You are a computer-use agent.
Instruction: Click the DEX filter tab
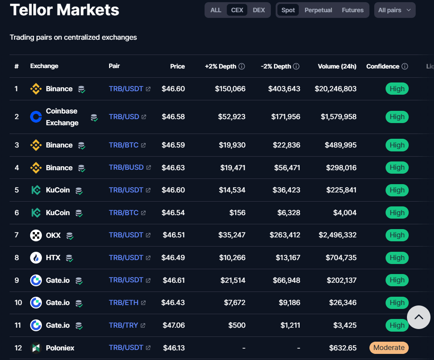[x=259, y=10]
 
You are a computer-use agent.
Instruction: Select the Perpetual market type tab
[x=318, y=10]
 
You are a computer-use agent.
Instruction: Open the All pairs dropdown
[x=394, y=10]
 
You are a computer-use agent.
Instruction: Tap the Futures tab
[x=352, y=10]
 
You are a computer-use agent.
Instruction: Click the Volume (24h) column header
[x=337, y=66]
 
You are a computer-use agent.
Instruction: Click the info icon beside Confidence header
[x=405, y=66]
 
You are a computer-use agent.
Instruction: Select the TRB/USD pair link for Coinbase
[x=124, y=117]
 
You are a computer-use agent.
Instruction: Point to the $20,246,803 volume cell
[x=335, y=89]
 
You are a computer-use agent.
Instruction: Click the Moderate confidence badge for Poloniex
[x=389, y=348]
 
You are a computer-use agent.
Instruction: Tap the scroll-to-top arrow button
[x=419, y=317]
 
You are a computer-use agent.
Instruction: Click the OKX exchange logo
[x=36, y=235]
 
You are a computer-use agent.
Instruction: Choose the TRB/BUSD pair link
[x=126, y=168]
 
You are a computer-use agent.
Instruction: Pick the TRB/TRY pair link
[x=123, y=325]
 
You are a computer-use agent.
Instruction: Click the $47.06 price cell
[x=173, y=325]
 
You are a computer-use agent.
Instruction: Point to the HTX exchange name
[x=53, y=258]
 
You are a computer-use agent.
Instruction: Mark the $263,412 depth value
[x=285, y=235]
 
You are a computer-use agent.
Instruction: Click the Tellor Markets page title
[x=65, y=10]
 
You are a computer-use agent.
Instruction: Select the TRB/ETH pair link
[x=123, y=302]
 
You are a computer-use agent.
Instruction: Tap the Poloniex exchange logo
[x=36, y=348]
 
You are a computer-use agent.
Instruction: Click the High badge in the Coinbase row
[x=397, y=117]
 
